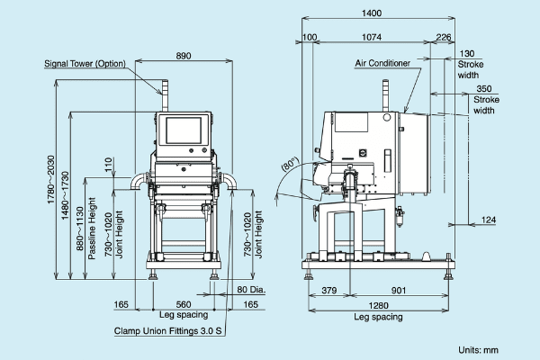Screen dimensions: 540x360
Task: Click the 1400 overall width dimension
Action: click(372, 13)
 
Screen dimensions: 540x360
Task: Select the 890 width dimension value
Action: click(184, 56)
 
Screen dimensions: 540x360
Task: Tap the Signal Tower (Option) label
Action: click(85, 64)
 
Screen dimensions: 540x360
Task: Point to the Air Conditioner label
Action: click(382, 63)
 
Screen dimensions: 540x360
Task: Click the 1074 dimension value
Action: click(372, 37)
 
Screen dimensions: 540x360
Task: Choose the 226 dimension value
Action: click(443, 37)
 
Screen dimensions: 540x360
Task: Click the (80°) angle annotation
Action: click(290, 164)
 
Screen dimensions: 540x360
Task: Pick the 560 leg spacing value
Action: click(184, 304)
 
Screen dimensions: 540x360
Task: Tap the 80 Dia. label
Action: click(251, 290)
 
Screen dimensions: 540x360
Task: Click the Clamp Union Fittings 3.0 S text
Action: click(167, 331)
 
